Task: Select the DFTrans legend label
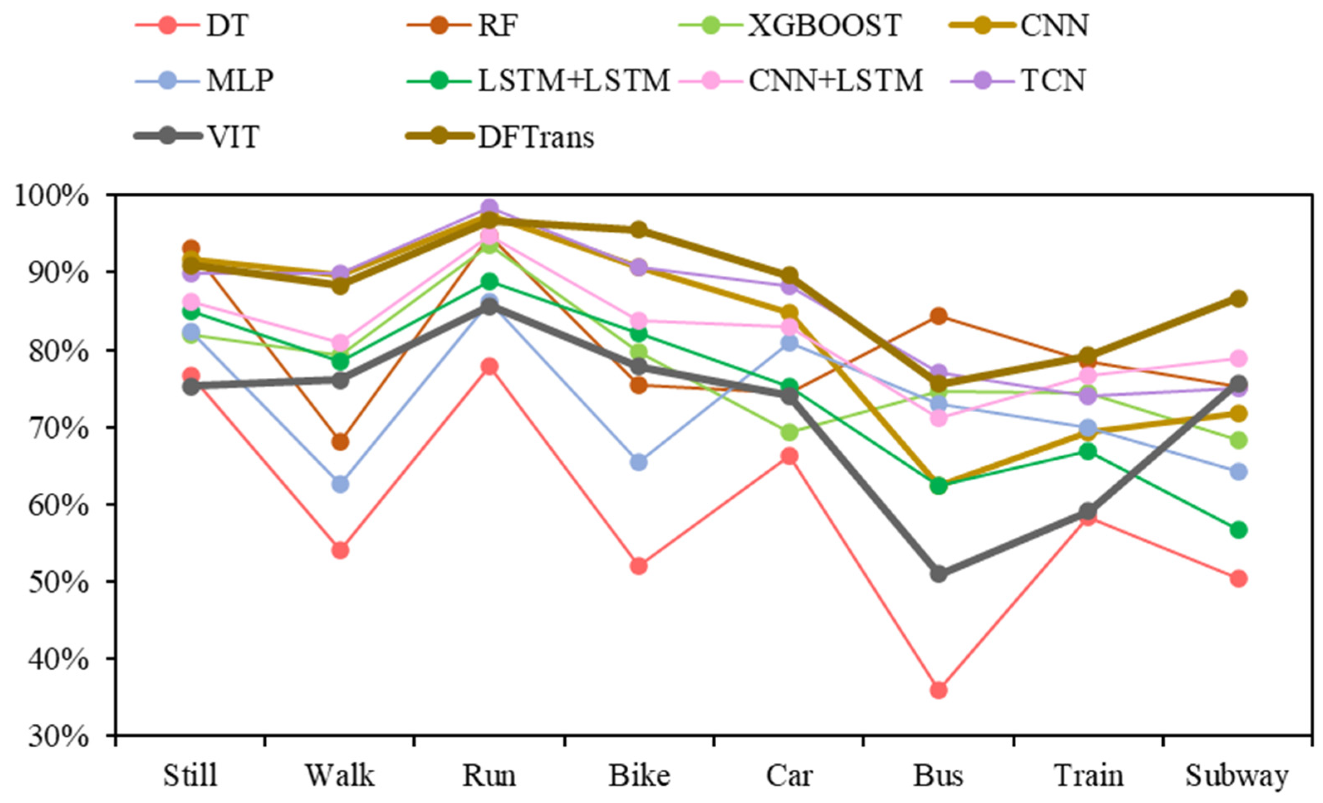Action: pos(536,137)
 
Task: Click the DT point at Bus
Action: pos(938,690)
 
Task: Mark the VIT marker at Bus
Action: pos(938,573)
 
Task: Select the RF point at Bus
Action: pos(938,316)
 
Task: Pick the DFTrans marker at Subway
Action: pos(1238,299)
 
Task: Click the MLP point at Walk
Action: pos(341,484)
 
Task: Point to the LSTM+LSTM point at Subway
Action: pos(1238,530)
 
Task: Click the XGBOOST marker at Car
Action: pos(789,431)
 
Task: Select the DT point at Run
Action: pos(489,367)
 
